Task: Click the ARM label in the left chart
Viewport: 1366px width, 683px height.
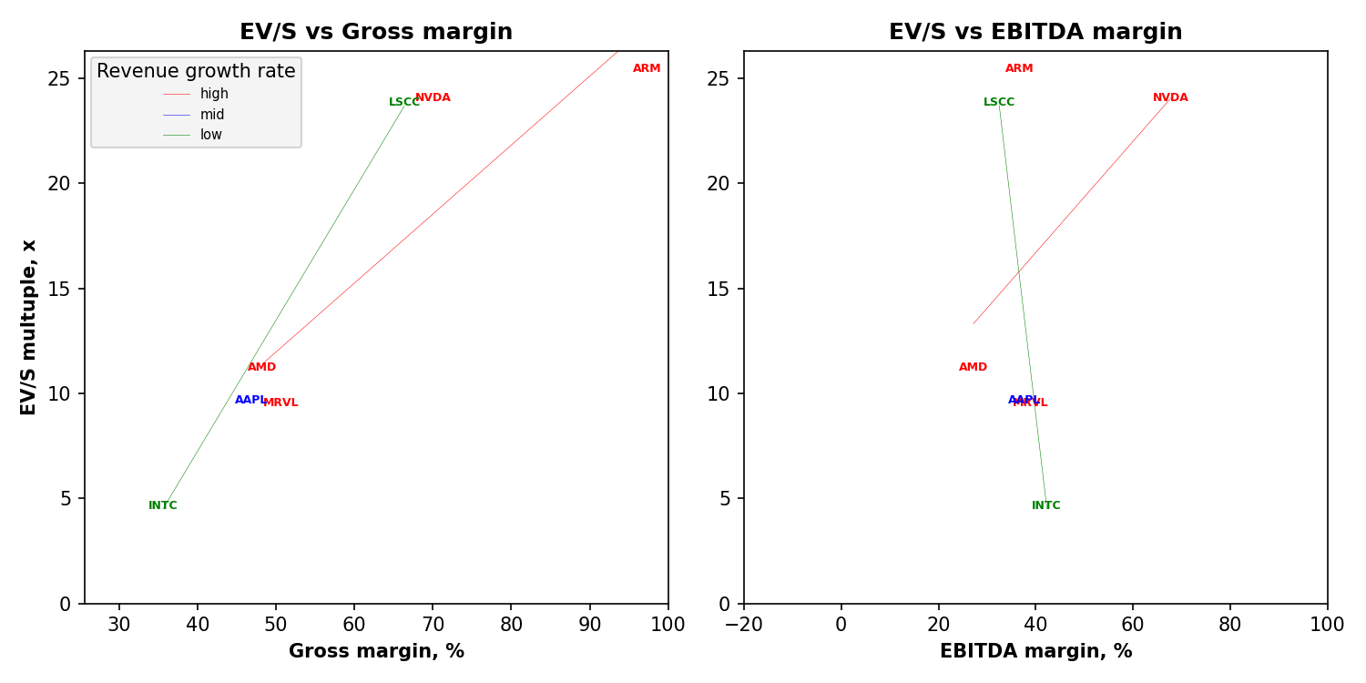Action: pyautogui.click(x=647, y=68)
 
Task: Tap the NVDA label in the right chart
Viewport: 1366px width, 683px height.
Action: pyautogui.click(x=1170, y=97)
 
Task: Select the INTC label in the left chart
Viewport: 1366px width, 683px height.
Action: pyautogui.click(x=163, y=505)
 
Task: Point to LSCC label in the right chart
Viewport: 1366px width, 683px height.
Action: pyautogui.click(x=998, y=102)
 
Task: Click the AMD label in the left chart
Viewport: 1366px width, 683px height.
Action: pyautogui.click(x=261, y=367)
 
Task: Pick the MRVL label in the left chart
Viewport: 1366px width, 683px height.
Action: pyautogui.click(x=280, y=403)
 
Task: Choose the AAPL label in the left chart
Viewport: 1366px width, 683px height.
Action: pyautogui.click(x=250, y=400)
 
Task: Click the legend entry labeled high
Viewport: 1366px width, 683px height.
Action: pyautogui.click(x=214, y=94)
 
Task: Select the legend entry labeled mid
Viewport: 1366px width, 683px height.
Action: pyautogui.click(x=212, y=115)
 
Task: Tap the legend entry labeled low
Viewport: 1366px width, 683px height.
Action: pyautogui.click(x=211, y=135)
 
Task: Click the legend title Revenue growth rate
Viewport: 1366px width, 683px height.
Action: pyautogui.click(x=196, y=71)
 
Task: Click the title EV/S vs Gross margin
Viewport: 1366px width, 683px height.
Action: pyautogui.click(x=376, y=32)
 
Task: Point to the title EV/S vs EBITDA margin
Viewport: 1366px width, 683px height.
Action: pyautogui.click(x=1035, y=32)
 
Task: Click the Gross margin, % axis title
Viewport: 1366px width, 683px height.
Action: pyautogui.click(x=376, y=651)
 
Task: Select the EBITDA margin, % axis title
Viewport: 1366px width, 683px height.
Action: pyautogui.click(x=1035, y=651)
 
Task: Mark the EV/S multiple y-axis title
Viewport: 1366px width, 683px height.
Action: pyautogui.click(x=29, y=327)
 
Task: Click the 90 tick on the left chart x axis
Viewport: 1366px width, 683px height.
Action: pyautogui.click(x=589, y=624)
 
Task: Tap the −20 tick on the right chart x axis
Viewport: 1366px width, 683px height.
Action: pyautogui.click(x=744, y=624)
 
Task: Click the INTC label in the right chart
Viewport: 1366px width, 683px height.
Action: pyautogui.click(x=1045, y=505)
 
